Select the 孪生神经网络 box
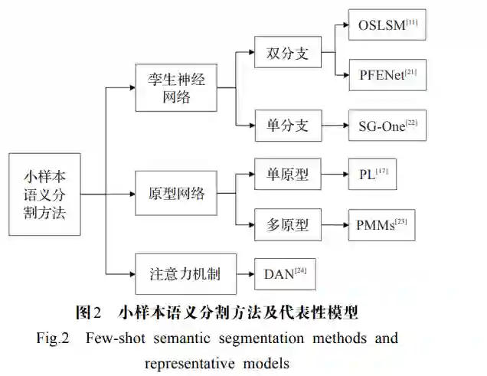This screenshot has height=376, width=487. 175,87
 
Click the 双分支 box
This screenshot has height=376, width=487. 286,54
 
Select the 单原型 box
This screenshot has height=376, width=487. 286,175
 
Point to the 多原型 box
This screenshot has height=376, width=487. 286,225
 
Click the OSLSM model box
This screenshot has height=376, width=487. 387,25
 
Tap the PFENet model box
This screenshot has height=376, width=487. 387,76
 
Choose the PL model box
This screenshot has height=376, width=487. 373,175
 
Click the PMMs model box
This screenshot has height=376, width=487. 381,225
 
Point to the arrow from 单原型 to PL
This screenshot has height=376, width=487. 334,175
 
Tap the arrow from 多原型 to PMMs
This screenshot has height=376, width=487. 334,225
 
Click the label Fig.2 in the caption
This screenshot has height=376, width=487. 55,338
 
